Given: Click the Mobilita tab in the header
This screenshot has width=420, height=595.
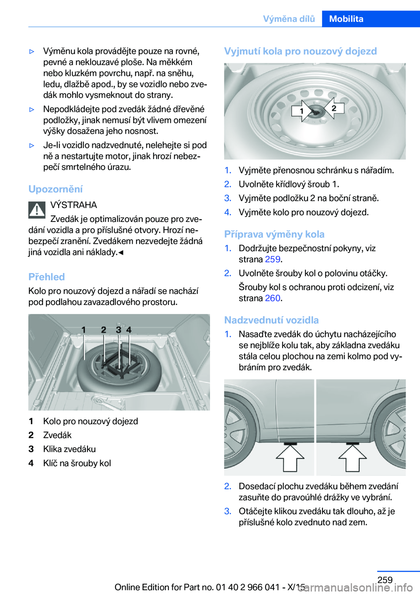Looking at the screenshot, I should (346, 19).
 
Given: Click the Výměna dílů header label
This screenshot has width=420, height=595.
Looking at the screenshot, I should (289, 19).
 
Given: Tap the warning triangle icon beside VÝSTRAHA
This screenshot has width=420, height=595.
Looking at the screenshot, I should (37, 210).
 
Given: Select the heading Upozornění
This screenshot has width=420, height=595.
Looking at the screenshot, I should (56, 189).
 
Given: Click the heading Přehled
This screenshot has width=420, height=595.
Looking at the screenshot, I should (46, 277).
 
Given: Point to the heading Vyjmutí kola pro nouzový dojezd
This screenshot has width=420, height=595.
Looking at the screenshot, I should (300, 51).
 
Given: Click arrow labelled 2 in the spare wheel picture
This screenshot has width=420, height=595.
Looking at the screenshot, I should (333, 108).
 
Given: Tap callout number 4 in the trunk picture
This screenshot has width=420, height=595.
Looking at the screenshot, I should (129, 330).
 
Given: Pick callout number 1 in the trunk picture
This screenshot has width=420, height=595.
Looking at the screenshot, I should (84, 330).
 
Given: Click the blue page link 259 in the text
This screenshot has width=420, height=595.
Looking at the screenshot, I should (273, 259).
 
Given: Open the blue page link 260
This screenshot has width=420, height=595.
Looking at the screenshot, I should (273, 298).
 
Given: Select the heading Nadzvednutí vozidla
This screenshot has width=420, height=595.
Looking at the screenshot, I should (271, 320).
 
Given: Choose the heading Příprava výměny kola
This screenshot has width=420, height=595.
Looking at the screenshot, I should (274, 235).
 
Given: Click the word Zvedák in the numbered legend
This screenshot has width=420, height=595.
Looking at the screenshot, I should (57, 435).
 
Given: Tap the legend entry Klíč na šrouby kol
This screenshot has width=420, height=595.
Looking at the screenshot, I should (77, 463).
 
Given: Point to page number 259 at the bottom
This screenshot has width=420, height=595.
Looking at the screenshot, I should (385, 580).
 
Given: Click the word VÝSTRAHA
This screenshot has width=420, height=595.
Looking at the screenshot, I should (73, 205).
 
